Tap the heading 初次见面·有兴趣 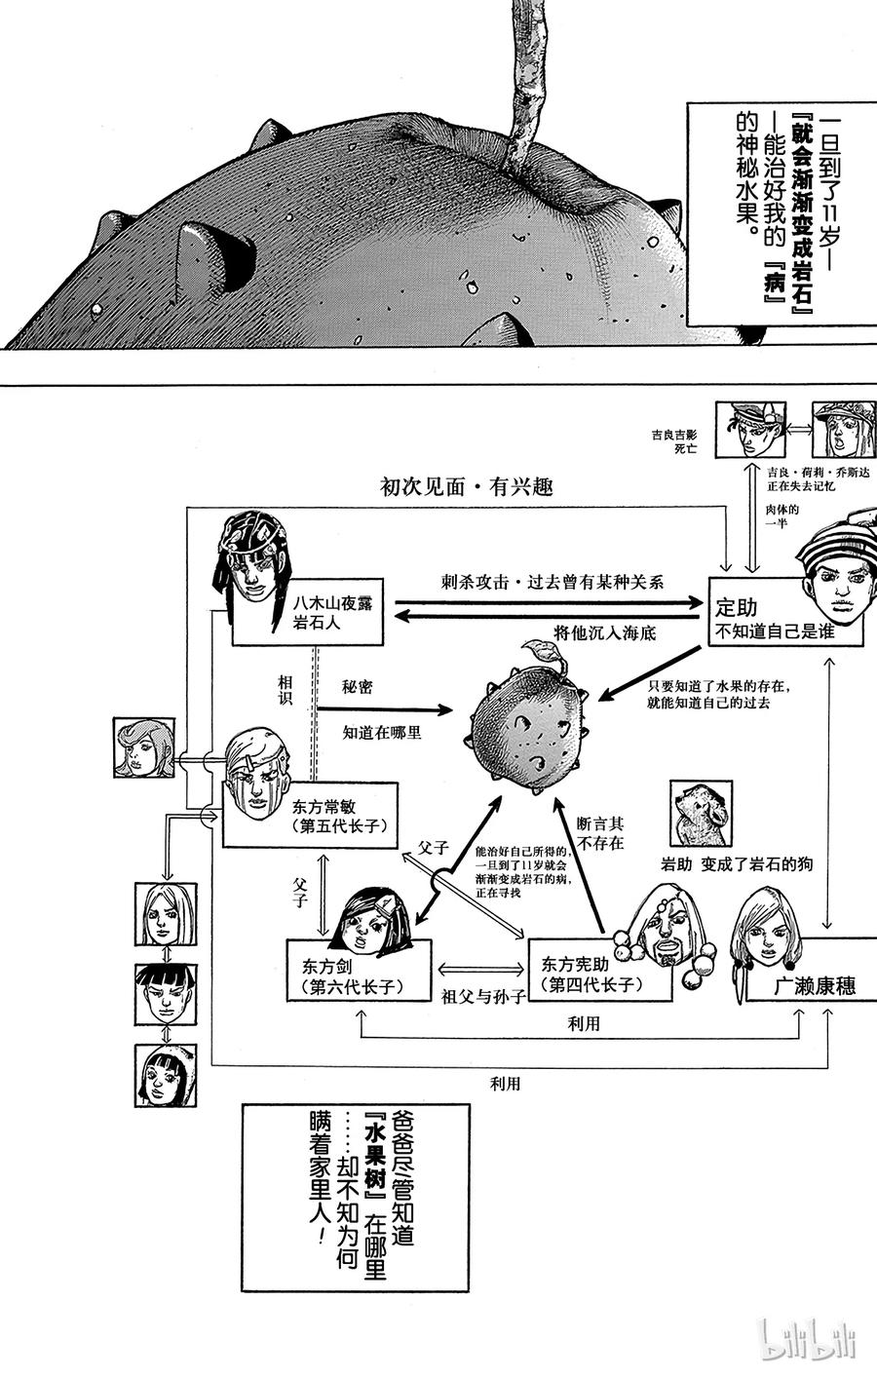pyautogui.click(x=467, y=485)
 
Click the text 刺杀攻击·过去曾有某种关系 pyautogui.click(x=552, y=582)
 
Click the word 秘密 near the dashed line pyautogui.click(x=358, y=687)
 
